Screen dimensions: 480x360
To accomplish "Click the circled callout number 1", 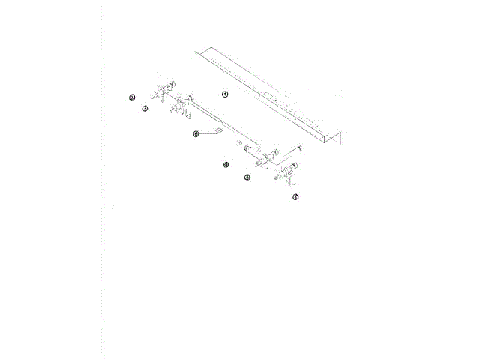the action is (223, 94).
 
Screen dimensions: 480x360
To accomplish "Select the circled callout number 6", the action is (196, 134).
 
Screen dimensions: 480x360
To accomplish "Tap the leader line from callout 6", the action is (205, 133).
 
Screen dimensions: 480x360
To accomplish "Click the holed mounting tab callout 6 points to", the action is (219, 130).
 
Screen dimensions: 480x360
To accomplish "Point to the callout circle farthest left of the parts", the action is (131, 97).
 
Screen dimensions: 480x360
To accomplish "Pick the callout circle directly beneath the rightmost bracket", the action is (295, 197).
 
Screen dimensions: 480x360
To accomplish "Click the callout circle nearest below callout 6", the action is (226, 164).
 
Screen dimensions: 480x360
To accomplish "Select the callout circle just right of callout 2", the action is (145, 108).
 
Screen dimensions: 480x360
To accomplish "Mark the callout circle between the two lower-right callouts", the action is (247, 178).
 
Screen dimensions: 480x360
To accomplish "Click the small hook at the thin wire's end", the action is (298, 147).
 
